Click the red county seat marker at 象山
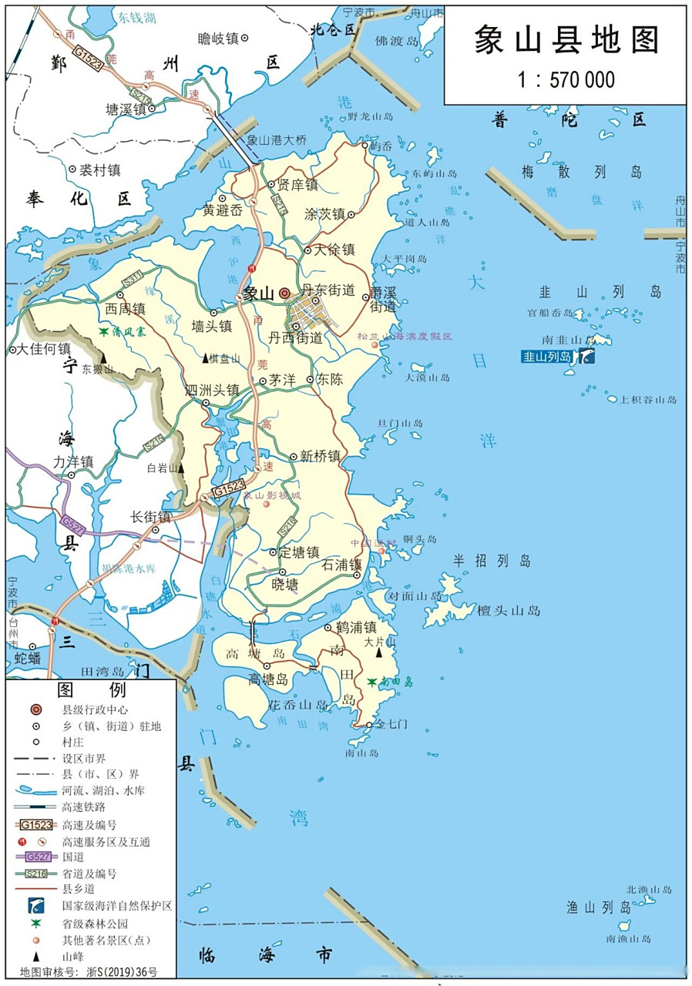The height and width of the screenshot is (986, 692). click(285, 293)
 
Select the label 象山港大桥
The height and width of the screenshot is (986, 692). click(277, 140)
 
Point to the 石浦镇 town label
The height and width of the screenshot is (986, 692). click(341, 565)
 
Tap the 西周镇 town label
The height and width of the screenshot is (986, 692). click(125, 308)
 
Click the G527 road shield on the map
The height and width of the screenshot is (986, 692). click(71, 522)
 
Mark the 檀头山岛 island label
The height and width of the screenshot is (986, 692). click(509, 611)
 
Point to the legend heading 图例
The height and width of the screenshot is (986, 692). click(91, 689)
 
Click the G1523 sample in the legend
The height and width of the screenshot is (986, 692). click(36, 824)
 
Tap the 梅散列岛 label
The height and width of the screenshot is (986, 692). click(581, 172)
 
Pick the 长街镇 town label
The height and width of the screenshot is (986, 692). click(150, 517)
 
